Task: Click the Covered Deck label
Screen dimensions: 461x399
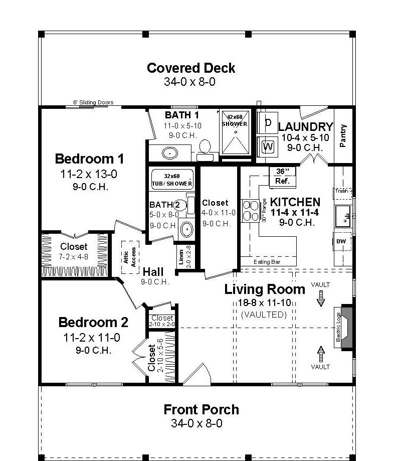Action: pyautogui.click(x=191, y=68)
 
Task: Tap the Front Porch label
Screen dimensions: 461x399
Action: pyautogui.click(x=201, y=409)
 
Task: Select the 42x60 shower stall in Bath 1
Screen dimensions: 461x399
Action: pyautogui.click(x=235, y=131)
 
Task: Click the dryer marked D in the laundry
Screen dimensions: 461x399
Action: pyautogui.click(x=268, y=123)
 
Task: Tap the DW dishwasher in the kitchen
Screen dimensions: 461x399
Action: pyautogui.click(x=341, y=242)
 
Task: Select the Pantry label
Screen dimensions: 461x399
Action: pyautogui.click(x=343, y=135)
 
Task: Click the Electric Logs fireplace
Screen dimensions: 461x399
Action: pyautogui.click(x=344, y=326)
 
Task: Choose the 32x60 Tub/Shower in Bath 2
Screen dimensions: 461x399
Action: pyautogui.click(x=172, y=180)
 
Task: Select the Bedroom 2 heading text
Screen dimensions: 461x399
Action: pyautogui.click(x=93, y=322)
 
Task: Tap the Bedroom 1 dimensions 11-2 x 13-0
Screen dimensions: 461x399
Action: pyautogui.click(x=89, y=174)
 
